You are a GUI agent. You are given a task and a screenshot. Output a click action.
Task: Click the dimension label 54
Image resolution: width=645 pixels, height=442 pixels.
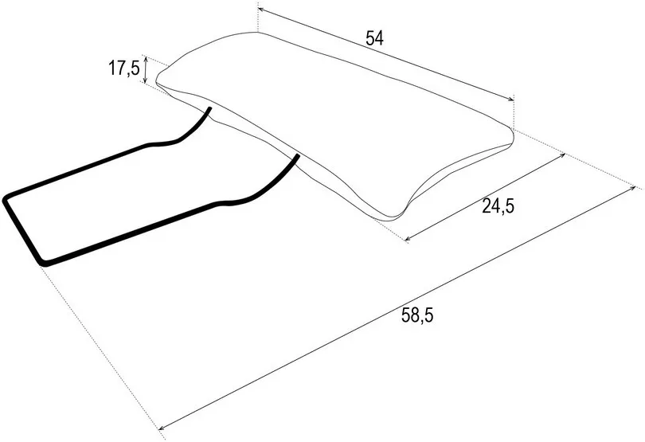coord(374,38)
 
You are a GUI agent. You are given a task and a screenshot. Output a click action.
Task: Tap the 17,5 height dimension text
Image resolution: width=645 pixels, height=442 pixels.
coord(123,68)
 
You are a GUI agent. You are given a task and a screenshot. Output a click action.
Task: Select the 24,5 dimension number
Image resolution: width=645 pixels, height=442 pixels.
coord(498,205)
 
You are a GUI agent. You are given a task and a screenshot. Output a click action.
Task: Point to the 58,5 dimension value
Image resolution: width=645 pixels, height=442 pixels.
coord(417,315)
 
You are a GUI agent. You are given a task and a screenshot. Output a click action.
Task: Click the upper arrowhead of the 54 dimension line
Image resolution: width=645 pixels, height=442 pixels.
coord(260,8)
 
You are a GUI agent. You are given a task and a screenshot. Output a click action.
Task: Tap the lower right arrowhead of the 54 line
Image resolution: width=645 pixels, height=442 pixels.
coord(511,99)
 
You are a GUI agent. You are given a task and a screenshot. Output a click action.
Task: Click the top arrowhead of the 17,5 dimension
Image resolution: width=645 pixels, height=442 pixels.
coord(145,57)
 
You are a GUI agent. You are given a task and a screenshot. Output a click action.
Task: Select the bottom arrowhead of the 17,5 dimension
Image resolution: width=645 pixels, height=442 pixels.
coord(145,80)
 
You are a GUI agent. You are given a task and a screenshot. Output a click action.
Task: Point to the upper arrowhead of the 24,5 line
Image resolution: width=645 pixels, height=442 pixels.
coord(563,155)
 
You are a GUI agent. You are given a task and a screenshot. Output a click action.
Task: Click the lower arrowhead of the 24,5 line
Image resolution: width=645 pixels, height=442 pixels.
coord(407,239)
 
